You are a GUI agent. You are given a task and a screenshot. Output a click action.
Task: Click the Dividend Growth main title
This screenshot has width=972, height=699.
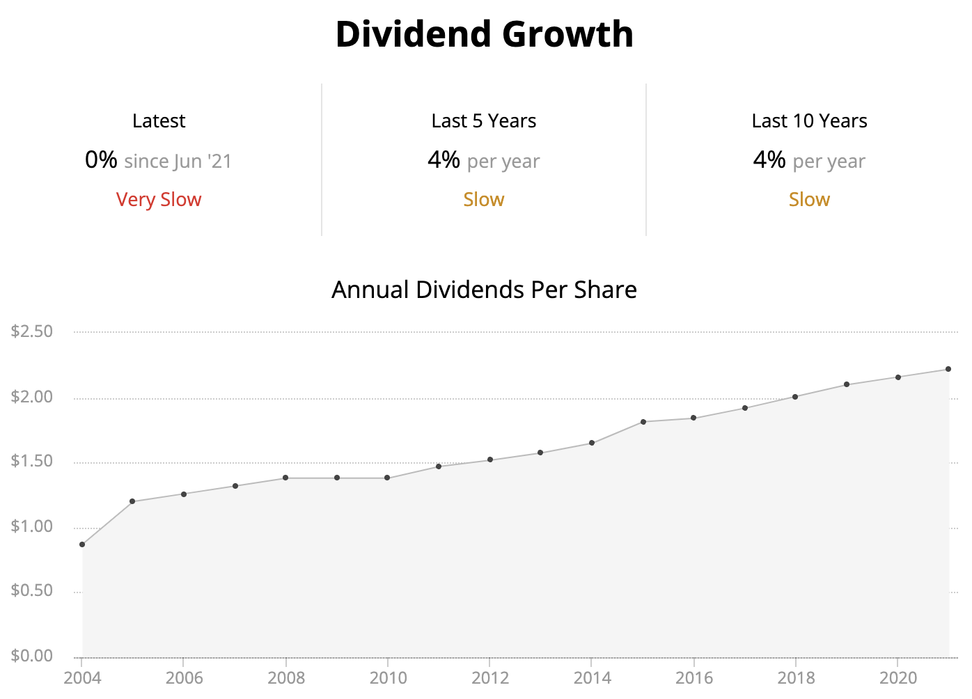pos(485,34)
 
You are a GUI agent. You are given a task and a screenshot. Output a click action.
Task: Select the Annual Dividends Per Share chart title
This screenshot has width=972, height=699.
pos(484,290)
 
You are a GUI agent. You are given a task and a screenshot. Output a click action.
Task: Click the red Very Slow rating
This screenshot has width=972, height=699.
pos(159,200)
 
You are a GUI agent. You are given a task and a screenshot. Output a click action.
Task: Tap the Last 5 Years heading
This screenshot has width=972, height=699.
pos(484,121)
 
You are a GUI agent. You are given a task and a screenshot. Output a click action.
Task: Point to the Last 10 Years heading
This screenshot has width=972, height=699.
pos(809,121)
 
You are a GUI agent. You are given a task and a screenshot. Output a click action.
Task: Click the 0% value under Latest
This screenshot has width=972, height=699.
pos(101,160)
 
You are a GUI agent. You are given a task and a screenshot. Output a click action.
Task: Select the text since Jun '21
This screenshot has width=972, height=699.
pos(178,162)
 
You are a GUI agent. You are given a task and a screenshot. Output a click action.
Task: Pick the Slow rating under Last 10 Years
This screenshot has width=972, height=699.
pos(809,200)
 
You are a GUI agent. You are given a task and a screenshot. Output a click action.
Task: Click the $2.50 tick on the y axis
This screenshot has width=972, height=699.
pos(32,331)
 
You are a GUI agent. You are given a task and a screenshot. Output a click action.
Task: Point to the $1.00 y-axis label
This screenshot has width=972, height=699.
pos(32,526)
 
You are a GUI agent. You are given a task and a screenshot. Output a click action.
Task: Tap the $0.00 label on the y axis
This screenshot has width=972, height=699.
pos(32,656)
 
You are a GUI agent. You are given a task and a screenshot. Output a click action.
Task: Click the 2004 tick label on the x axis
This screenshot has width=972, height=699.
pos(82,678)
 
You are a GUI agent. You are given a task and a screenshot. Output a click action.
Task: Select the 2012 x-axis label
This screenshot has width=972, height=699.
pos(490,678)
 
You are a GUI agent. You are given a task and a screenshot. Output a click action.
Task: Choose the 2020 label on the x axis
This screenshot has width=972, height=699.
pos(898,678)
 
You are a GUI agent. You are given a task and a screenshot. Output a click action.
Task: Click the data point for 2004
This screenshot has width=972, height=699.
pos(82,544)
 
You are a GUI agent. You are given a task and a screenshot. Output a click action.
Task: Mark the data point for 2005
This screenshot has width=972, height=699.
pos(132,501)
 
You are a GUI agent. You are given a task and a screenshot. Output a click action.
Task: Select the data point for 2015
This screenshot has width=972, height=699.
pos(643,422)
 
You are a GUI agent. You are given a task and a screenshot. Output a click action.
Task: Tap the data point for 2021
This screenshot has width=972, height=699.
pos(948,369)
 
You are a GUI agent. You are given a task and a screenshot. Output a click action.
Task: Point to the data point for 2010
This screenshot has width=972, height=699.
pos(387,478)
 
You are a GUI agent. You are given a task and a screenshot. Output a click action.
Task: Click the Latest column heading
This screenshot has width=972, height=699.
pos(159,121)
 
